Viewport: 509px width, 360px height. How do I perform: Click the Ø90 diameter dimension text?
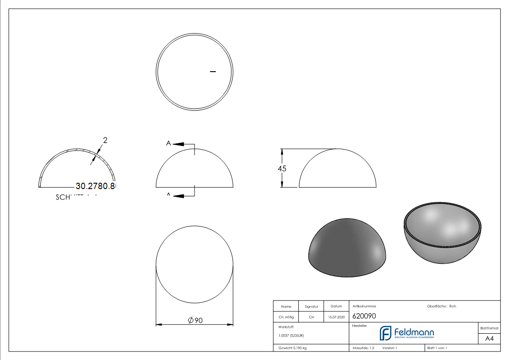pos(195,321)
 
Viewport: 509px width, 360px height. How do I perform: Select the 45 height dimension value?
pos(282,168)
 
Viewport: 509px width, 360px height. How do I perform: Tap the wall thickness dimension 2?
pos(105,141)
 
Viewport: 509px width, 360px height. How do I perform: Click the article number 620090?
pos(364,316)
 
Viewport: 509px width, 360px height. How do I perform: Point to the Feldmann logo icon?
pos(385,333)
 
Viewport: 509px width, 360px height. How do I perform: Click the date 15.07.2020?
pos(336,317)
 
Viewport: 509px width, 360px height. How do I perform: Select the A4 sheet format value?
pos(489,339)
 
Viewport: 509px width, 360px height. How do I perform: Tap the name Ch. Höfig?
pos(286,317)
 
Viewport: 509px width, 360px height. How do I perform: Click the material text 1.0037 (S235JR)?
pos(291,336)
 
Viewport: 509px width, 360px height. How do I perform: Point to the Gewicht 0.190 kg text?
pos(292,348)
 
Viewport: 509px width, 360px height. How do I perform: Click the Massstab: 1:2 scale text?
pos(363,348)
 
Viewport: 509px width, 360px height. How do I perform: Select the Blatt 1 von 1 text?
pos(437,348)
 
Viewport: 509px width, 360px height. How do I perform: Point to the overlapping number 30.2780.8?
pos(96,186)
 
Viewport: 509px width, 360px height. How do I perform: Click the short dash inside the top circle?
pos(213,71)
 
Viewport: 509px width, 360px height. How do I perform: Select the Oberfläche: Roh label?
pos(441,306)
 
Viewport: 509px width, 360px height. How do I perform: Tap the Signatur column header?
pos(311,306)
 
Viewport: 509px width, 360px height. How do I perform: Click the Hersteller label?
pos(359,326)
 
